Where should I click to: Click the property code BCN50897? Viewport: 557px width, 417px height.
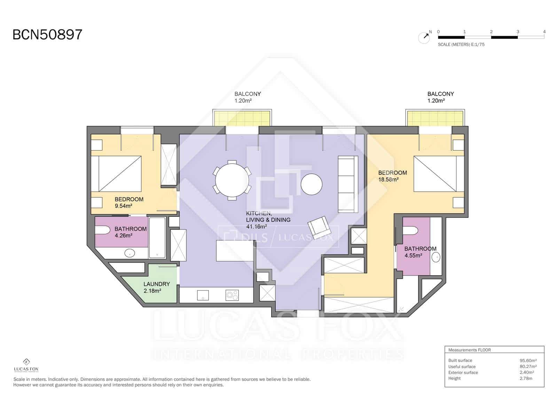(x=47, y=34)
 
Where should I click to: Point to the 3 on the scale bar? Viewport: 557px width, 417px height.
(x=518, y=32)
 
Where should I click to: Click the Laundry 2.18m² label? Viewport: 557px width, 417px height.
(x=157, y=287)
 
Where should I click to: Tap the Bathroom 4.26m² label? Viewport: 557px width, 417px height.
(x=131, y=232)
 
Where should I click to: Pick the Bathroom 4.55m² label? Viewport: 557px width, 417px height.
(x=420, y=252)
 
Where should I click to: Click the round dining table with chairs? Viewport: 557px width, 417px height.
(x=232, y=180)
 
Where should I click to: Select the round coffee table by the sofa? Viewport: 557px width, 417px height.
(x=311, y=184)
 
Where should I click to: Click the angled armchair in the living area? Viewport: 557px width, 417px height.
(x=319, y=227)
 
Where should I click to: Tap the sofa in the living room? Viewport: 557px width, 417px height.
(x=348, y=184)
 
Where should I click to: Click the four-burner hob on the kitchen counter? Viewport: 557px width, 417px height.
(x=232, y=295)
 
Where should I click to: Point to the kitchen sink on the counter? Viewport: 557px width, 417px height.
(x=203, y=295)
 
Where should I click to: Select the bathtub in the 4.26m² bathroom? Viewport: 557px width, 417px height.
(x=157, y=237)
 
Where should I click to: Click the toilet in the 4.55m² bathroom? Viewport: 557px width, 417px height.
(x=410, y=230)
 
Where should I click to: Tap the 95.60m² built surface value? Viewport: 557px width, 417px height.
(x=528, y=360)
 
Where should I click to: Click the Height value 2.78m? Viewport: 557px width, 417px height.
(x=526, y=378)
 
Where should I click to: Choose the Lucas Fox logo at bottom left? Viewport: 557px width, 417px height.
(x=26, y=365)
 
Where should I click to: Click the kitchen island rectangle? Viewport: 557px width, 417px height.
(x=235, y=251)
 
